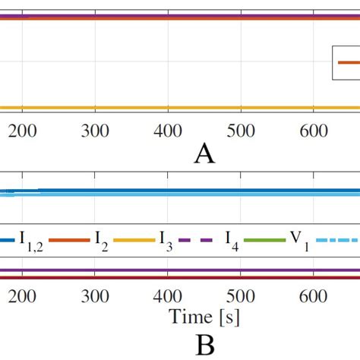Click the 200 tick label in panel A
[22, 131]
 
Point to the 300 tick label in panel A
[94, 131]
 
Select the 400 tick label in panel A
[167, 131]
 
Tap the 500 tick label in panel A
[240, 131]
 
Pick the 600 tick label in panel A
[313, 131]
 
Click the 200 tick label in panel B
[22, 296]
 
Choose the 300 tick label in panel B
[94, 296]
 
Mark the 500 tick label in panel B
[240, 296]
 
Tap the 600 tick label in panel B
[313, 296]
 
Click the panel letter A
[204, 155]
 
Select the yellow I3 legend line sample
[134, 240]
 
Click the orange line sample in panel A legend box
[348, 63]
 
